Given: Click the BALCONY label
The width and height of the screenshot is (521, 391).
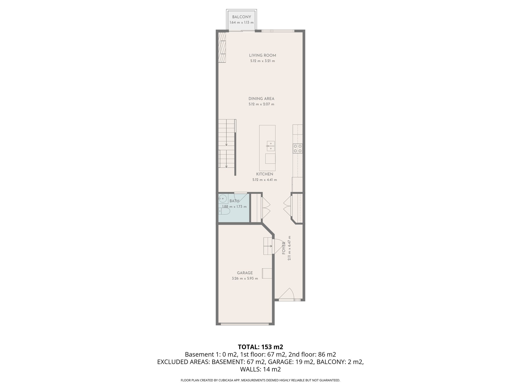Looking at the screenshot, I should pyautogui.click(x=241, y=17).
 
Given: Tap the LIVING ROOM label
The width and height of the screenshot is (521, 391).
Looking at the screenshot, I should pyautogui.click(x=262, y=55).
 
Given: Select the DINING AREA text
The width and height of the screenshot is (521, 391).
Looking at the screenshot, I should pyautogui.click(x=261, y=99).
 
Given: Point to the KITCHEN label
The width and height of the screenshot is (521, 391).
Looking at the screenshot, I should pyautogui.click(x=265, y=174).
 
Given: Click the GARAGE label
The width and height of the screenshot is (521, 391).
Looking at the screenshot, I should pyautogui.click(x=245, y=273).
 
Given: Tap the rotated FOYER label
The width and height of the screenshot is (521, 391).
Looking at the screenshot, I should pyautogui.click(x=284, y=248).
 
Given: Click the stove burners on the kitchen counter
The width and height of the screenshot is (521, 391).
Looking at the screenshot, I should pyautogui.click(x=297, y=148).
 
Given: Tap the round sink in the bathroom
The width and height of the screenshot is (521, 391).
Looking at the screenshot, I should pyautogui.click(x=223, y=198).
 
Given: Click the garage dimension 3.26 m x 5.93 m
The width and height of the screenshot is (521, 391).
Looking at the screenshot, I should pyautogui.click(x=245, y=278).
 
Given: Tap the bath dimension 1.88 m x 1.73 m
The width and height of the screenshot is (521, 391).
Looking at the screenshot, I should pyautogui.click(x=234, y=207).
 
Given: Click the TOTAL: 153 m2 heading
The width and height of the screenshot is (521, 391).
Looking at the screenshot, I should pyautogui.click(x=260, y=347).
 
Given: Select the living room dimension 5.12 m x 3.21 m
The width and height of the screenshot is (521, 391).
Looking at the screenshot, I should pyautogui.click(x=262, y=61).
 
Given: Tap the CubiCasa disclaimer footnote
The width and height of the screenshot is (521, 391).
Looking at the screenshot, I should pyautogui.click(x=260, y=380).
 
